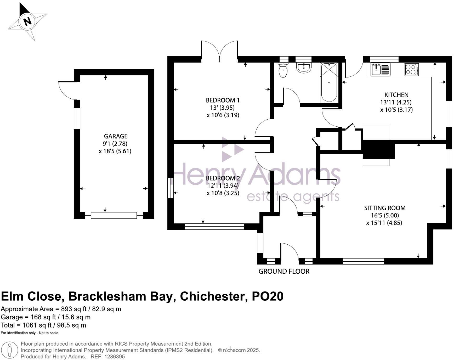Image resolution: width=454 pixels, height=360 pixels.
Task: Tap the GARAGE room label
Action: (x=116, y=136)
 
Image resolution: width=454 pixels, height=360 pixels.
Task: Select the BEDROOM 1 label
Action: (x=223, y=100)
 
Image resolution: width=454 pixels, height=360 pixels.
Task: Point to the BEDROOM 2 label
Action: (x=223, y=178)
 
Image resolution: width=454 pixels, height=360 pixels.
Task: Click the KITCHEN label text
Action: (x=396, y=95)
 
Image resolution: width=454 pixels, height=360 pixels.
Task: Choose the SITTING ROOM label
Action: (x=385, y=208)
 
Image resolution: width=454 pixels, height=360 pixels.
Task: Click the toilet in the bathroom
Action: (x=283, y=69)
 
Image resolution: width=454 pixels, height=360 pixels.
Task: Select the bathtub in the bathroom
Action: (x=329, y=82)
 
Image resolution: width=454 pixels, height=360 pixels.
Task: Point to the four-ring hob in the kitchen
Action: (x=411, y=70)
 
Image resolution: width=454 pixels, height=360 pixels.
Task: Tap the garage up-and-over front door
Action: (x=114, y=215)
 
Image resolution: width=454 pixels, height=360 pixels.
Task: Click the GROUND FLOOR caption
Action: (x=284, y=271)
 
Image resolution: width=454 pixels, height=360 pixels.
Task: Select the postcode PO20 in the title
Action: (x=267, y=296)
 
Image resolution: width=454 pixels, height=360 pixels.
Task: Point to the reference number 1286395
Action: (x=115, y=356)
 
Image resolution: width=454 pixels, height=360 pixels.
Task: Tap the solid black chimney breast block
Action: (x=378, y=149)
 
